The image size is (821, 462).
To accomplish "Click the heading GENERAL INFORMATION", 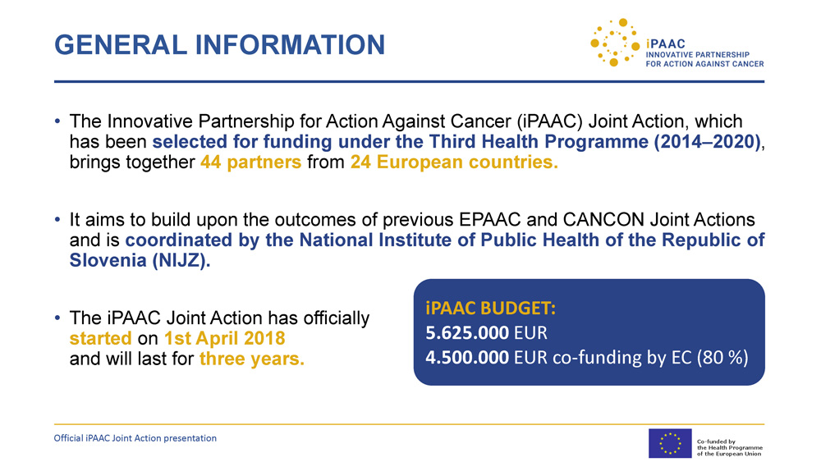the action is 219,45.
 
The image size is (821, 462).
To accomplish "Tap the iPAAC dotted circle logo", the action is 615,43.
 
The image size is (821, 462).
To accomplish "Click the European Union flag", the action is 670,443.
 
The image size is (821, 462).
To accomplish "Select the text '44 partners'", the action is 250,162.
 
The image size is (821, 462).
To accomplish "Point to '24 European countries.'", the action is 454,162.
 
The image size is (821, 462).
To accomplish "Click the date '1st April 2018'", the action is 225,339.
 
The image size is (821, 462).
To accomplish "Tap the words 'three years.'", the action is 252,359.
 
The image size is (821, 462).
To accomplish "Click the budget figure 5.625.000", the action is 467,333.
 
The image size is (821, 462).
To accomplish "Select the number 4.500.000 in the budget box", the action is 467,357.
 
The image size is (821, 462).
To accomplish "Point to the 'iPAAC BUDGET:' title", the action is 491,309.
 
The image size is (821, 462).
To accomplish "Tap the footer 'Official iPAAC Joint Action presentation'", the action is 135,438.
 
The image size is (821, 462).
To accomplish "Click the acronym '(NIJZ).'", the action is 181,261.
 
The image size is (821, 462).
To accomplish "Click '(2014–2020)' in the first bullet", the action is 707,142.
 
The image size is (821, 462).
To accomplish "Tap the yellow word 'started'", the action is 100,339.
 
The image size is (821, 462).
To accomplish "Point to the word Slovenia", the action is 108,261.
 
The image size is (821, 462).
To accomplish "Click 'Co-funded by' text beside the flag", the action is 716,441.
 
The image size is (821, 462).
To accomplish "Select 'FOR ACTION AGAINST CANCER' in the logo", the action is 704,64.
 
